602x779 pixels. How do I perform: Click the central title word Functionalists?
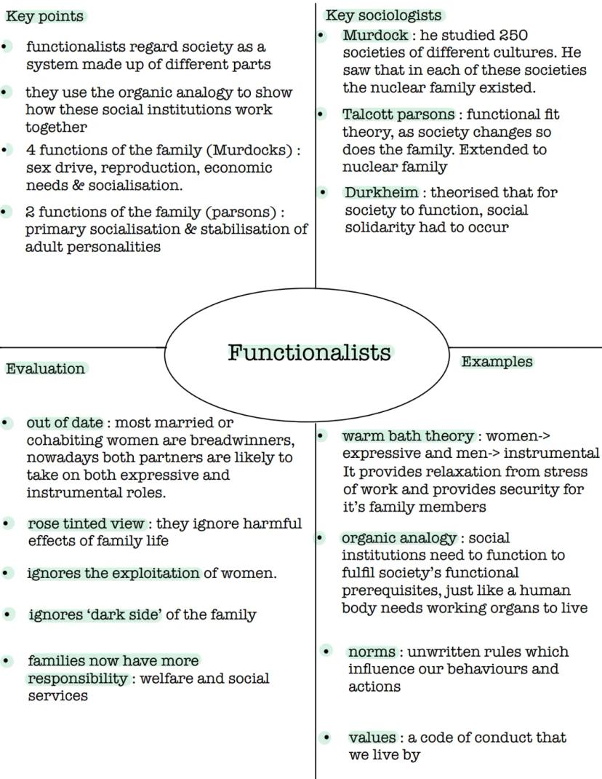309,352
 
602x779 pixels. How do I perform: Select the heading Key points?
44,16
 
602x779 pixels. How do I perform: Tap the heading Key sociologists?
383,15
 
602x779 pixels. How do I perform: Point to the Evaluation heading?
45,368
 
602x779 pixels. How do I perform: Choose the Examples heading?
497,362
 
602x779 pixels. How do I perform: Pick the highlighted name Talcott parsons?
398,114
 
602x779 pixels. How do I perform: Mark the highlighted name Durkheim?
382,193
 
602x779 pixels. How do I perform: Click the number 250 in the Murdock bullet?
513,36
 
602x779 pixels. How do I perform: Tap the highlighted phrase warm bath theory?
408,436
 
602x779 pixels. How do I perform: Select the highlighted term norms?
372,652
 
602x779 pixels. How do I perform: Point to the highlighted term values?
372,738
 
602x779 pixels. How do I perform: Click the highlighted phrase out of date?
64,422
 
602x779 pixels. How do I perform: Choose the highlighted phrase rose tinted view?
86,523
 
